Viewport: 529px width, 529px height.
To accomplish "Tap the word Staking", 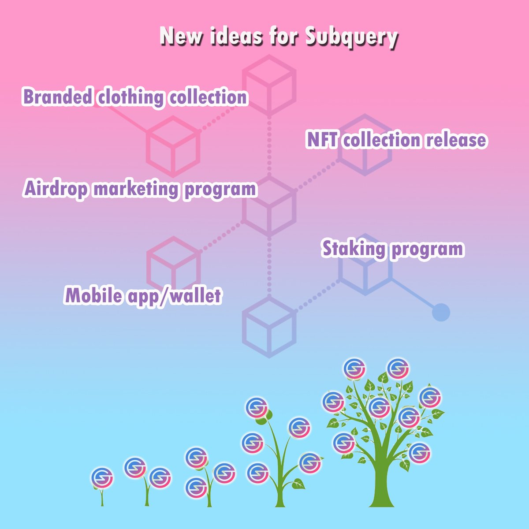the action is point(354,249).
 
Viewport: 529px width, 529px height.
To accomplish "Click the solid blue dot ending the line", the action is point(441,313).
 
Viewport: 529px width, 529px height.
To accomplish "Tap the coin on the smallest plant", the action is point(102,477).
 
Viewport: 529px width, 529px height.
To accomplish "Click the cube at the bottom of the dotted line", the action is point(268,326).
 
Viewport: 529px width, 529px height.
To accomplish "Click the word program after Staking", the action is point(428,249).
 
